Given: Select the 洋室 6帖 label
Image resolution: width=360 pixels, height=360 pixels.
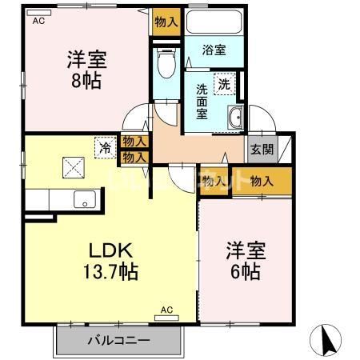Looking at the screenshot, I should point(246,260).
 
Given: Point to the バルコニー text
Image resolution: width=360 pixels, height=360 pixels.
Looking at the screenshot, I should point(118,340).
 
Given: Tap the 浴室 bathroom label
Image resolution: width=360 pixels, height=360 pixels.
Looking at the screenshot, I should point(214,50).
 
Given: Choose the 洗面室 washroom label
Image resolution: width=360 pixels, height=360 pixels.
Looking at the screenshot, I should point(203,101).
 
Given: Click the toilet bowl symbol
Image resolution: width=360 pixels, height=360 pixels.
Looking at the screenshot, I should point(166,64).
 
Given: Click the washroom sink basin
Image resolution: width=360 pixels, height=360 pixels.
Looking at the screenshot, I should point(236,118).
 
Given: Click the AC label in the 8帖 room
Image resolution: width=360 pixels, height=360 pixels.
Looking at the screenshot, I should point(38,22).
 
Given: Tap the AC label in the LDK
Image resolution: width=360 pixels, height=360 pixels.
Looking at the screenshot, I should point(166,309).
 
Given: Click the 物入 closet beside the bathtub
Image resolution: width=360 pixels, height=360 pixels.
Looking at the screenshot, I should point(166,22).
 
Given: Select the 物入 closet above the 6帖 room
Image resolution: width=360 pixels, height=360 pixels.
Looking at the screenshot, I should point(261,181).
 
